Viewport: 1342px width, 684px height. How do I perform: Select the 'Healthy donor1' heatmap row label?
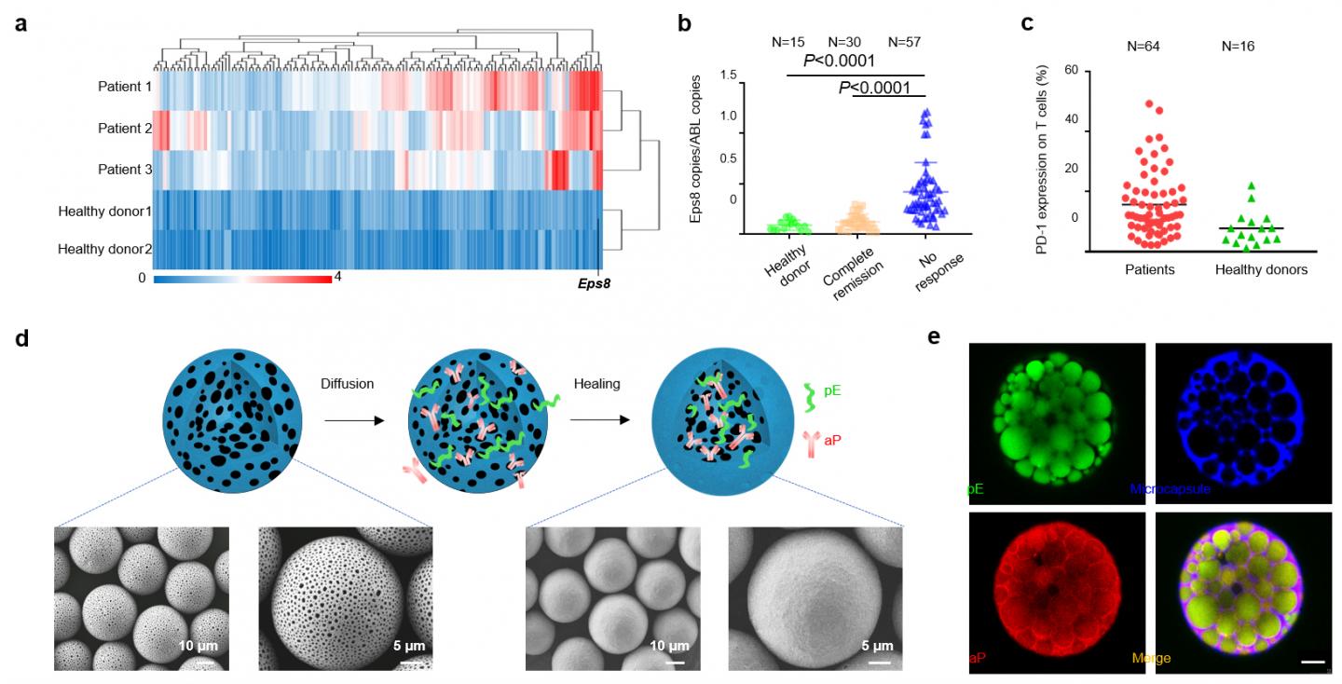[103, 211]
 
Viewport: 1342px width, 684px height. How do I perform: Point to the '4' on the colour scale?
[337, 278]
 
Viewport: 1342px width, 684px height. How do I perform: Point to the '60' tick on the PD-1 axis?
[1069, 71]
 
